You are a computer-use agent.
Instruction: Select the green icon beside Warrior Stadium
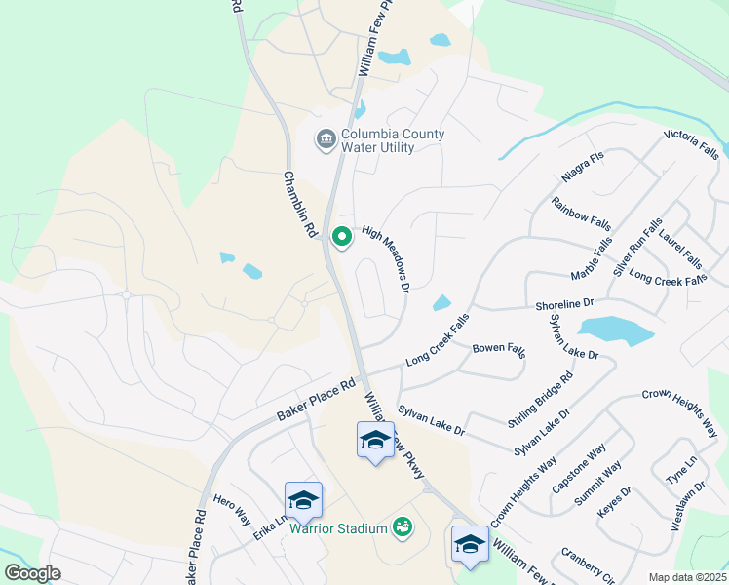pos(402,527)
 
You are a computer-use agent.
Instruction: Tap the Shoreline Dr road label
pos(564,305)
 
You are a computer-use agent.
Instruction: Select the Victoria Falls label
pos(691,145)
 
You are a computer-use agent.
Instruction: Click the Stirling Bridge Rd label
pos(540,399)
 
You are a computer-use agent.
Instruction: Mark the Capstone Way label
pos(579,467)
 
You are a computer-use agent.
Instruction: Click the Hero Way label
pos(232,507)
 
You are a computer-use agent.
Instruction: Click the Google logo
pos(32,573)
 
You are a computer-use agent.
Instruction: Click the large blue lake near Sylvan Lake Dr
pos(615,331)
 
